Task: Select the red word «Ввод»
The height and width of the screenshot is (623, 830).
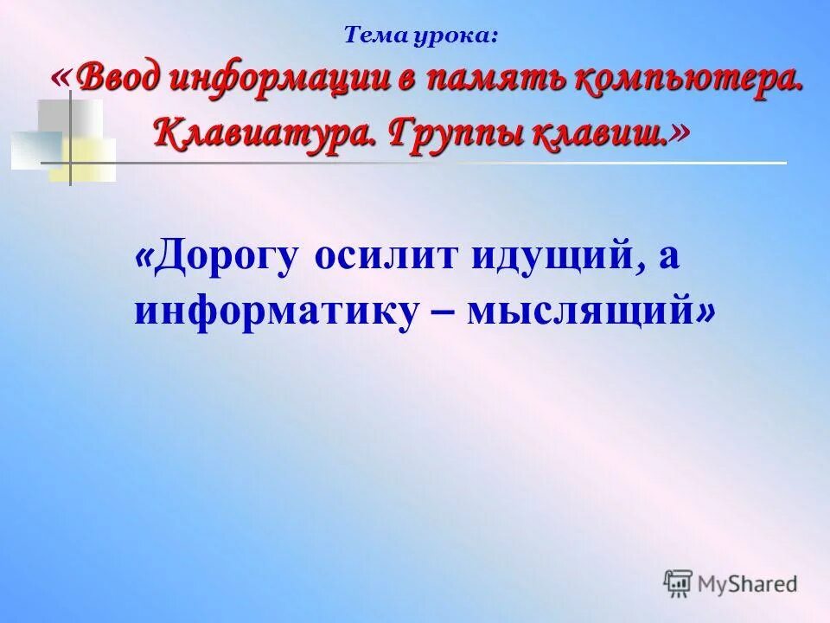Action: [x=118, y=81]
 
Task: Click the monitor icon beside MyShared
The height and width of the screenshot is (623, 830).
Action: [x=679, y=583]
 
